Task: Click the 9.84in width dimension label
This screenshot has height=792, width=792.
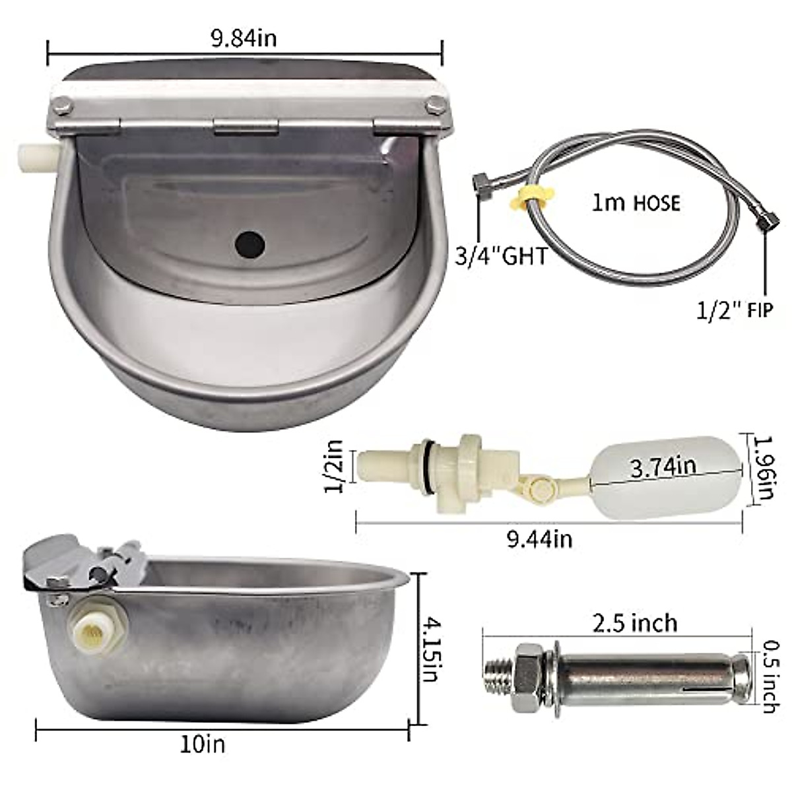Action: coord(244,39)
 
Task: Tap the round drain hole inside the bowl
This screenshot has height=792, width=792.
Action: coord(249,244)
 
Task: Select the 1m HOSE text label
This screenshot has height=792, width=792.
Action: coord(636,203)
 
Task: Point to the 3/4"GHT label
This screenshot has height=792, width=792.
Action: coord(501,256)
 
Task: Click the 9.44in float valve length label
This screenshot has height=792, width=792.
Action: coord(540,539)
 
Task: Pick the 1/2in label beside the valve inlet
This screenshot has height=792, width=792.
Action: coord(334,467)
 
